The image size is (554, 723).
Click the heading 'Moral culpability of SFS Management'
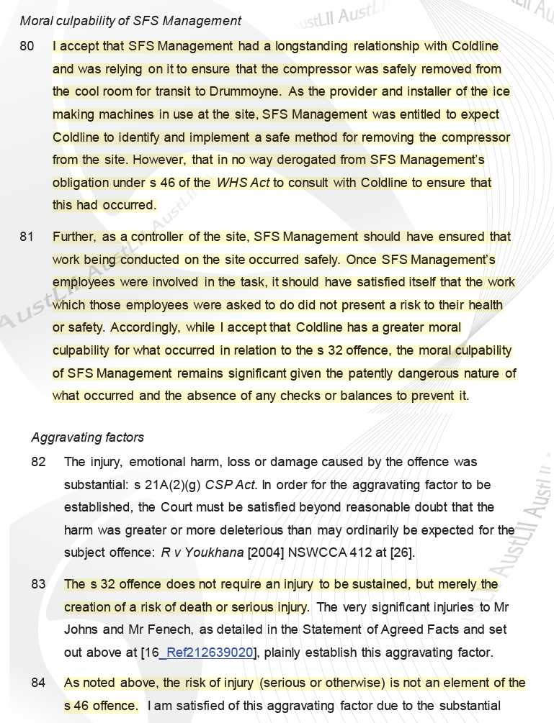pyautogui.click(x=130, y=21)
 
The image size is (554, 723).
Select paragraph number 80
pyautogui.click(x=27, y=46)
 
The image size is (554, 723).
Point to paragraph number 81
pyautogui.click(x=27, y=236)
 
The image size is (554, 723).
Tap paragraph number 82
pyautogui.click(x=38, y=462)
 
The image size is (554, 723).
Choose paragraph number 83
pyautogui.click(x=38, y=584)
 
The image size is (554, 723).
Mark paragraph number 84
pyautogui.click(x=38, y=682)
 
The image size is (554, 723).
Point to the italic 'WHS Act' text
pyautogui.click(x=243, y=183)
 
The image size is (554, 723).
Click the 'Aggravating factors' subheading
pyautogui.click(x=88, y=437)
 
